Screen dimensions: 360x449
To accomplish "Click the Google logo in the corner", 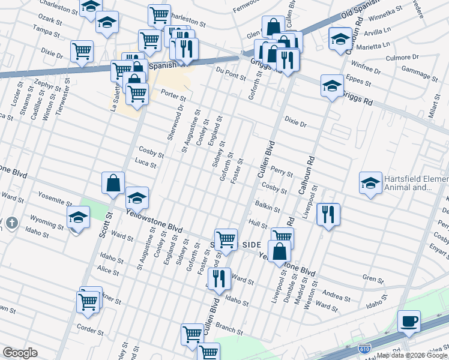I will tap(20, 353).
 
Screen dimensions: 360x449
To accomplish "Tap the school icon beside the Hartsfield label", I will tap(370, 182).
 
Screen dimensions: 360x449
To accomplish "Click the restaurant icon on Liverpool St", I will tap(328, 214).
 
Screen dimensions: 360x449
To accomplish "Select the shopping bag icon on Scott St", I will tap(113, 183).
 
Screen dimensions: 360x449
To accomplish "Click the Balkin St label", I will tap(268, 208).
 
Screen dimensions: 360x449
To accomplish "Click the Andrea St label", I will tap(337, 296).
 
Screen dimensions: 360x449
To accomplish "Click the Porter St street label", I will tap(173, 96).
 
